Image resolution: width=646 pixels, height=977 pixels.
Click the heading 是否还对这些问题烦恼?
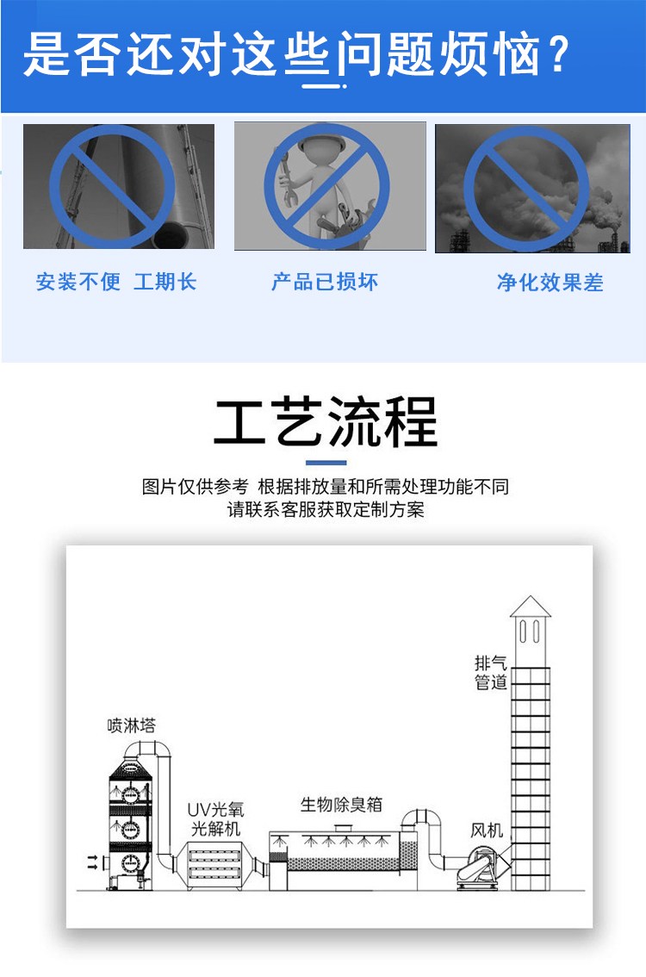coord(296,55)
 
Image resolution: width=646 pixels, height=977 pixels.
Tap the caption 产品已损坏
coord(325,282)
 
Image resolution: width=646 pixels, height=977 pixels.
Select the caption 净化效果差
coord(550,283)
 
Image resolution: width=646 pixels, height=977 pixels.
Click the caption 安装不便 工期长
coord(116,282)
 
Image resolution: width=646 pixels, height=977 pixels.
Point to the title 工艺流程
coord(326,422)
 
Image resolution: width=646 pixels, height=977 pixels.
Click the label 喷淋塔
coord(131,725)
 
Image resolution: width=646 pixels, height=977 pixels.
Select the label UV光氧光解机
coord(215,818)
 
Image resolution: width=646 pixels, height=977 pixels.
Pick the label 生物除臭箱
coord(341,805)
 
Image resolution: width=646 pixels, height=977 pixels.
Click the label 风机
coord(487,830)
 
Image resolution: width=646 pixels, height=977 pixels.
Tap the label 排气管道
coord(491,672)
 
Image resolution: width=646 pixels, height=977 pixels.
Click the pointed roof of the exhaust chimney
coord(530,607)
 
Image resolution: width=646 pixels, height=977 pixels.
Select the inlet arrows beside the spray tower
coord(92,862)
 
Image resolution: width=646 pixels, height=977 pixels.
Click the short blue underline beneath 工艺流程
coord(326,463)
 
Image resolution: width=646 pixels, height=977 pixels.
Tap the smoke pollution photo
coord(532,188)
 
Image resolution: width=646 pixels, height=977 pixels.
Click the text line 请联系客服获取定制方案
coord(326,510)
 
